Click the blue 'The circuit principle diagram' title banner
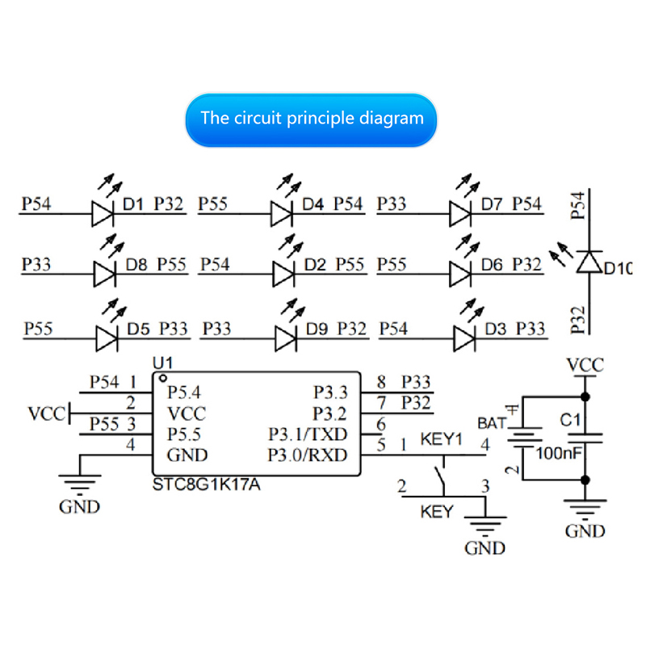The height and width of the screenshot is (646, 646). coord(312,119)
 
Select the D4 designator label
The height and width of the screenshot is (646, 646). coord(313,204)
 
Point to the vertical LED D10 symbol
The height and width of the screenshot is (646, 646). coord(589,260)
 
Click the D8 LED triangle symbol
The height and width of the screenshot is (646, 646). coord(106,273)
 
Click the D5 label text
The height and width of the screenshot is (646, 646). coord(139,329)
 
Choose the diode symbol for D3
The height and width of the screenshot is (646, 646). coord(464,337)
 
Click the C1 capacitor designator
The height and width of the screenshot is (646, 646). coord(571,421)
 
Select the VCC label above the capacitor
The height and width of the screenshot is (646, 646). coord(585,365)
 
